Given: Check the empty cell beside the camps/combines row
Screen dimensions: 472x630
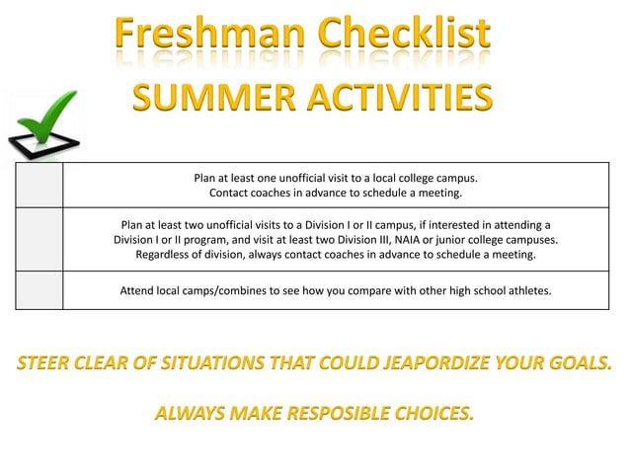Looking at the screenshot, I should (x=39, y=290).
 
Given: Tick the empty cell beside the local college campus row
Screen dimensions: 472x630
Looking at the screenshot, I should (x=39, y=185).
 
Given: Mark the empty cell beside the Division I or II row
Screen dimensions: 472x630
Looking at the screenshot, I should (x=39, y=239).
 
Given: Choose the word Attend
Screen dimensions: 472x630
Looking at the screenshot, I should (x=138, y=291).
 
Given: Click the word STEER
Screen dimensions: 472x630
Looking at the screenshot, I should (x=50, y=362).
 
